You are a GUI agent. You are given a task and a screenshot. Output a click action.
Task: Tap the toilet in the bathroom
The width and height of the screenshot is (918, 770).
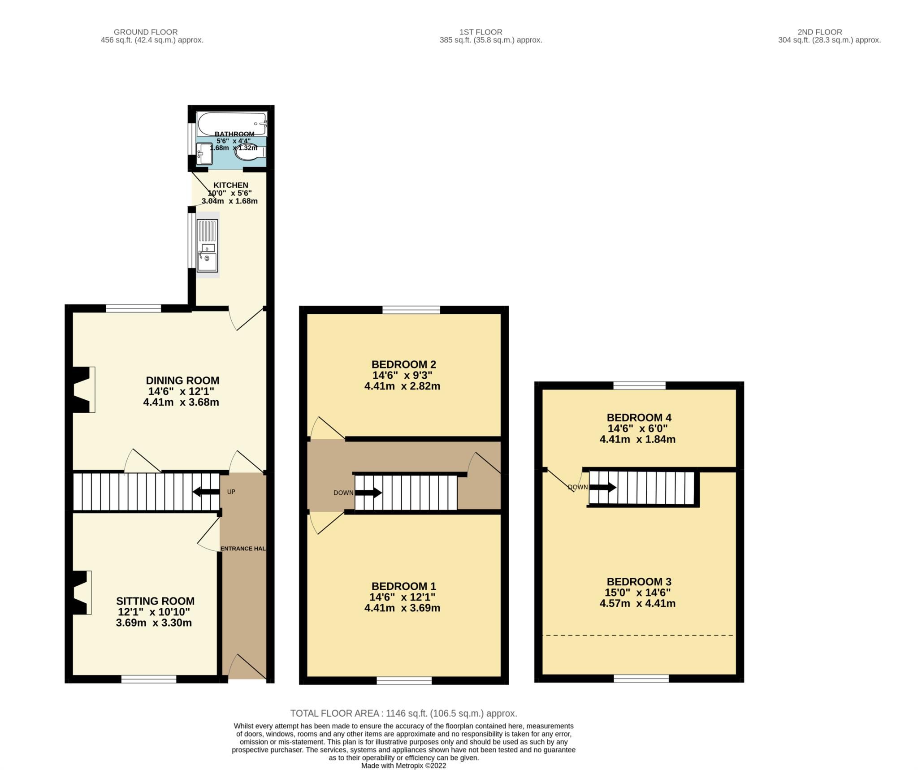pyautogui.click(x=249, y=152)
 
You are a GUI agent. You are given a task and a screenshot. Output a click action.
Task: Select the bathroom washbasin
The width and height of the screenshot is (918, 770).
pyautogui.click(x=204, y=153)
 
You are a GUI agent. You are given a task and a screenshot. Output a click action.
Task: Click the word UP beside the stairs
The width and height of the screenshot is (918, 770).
pyautogui.click(x=231, y=492)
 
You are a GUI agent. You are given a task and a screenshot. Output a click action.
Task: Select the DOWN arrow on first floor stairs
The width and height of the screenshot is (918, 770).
pyautogui.click(x=368, y=493)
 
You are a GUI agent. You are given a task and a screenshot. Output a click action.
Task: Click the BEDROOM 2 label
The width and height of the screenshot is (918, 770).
pyautogui.click(x=403, y=364)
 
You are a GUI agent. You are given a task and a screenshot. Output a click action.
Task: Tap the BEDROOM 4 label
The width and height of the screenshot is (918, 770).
pyautogui.click(x=639, y=417)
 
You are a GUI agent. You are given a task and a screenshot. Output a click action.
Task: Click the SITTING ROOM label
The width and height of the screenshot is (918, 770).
pyautogui.click(x=155, y=601)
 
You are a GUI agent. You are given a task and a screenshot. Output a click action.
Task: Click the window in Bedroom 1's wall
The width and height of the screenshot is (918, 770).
pyautogui.click(x=404, y=681)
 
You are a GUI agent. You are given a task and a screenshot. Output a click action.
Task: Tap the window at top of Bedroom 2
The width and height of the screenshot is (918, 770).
pyautogui.click(x=411, y=309)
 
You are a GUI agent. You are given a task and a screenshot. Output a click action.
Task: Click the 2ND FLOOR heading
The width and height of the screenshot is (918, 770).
pyautogui.click(x=819, y=32)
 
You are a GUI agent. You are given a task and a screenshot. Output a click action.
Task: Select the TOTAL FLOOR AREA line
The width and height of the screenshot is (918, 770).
pyautogui.click(x=403, y=713)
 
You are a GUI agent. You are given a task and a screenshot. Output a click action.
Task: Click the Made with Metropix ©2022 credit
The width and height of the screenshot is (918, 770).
pyautogui.click(x=403, y=766)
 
